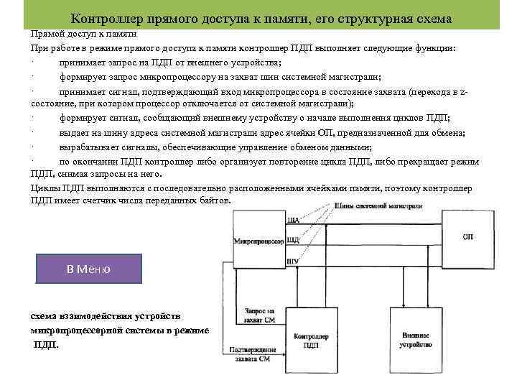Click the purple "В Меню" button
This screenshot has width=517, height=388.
[x=88, y=269]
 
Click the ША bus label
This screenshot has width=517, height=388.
[x=292, y=221]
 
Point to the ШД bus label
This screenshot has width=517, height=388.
[x=292, y=239]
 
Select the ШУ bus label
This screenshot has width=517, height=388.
[x=292, y=259]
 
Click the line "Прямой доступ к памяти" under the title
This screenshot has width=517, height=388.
[x=83, y=34]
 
